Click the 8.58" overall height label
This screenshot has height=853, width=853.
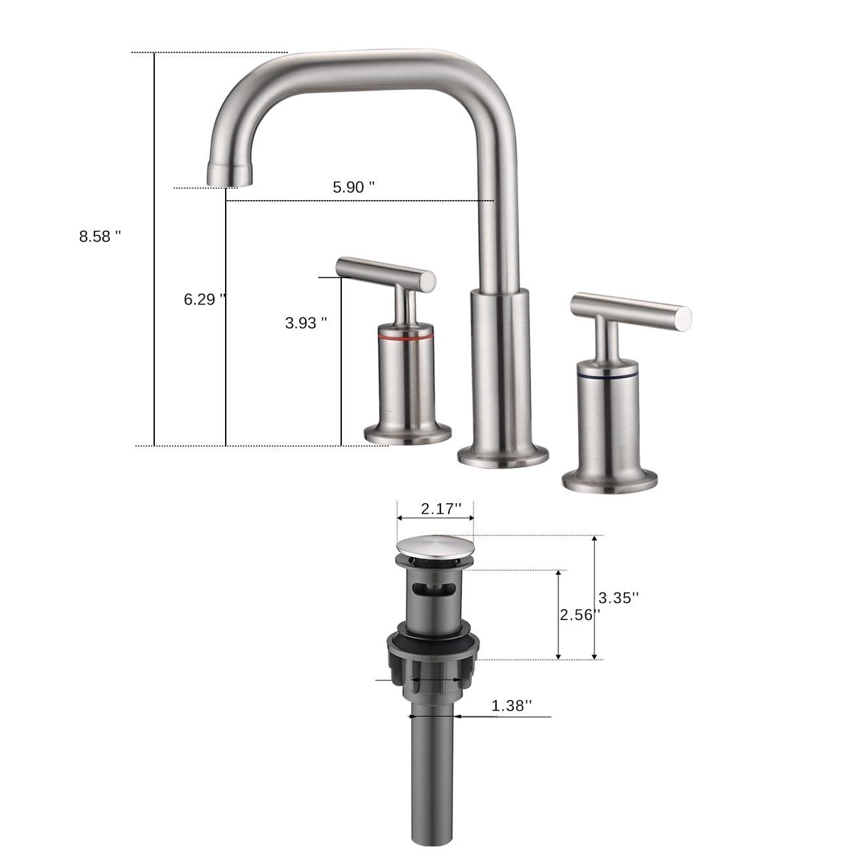click(x=100, y=236)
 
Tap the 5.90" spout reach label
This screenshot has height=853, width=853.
click(x=353, y=187)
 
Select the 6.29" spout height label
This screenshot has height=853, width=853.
click(x=204, y=299)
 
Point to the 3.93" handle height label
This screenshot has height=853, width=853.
click(x=306, y=323)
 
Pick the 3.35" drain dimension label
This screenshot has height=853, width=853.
click(x=618, y=598)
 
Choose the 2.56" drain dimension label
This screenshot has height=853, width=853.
click(x=579, y=615)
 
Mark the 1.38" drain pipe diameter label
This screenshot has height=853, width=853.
click(x=511, y=705)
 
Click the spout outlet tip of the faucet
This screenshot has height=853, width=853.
click(x=229, y=175)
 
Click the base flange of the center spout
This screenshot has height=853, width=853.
click(x=503, y=455)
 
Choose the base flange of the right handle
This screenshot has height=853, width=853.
click(x=610, y=480)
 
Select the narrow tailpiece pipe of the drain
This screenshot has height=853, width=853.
click(x=433, y=774)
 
